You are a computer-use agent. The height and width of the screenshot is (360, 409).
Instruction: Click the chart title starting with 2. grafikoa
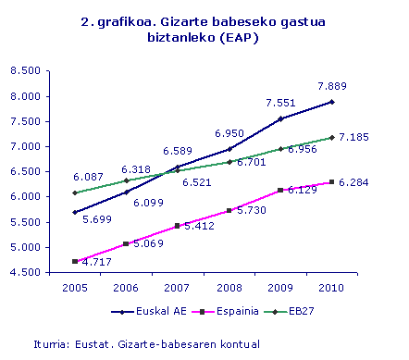(x=204, y=29)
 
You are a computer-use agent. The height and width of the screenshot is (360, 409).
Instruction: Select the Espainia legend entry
(x=215, y=312)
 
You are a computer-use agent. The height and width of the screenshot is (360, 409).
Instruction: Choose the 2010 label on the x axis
(x=331, y=289)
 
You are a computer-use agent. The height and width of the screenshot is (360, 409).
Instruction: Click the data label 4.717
(x=89, y=264)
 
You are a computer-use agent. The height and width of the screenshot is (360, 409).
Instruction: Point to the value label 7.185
(x=355, y=138)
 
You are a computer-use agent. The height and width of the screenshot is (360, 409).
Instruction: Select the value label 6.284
(x=355, y=182)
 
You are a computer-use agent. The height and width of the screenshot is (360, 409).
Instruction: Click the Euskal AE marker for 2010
(x=331, y=102)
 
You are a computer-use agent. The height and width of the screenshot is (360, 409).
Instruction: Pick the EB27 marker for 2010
(x=331, y=137)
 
